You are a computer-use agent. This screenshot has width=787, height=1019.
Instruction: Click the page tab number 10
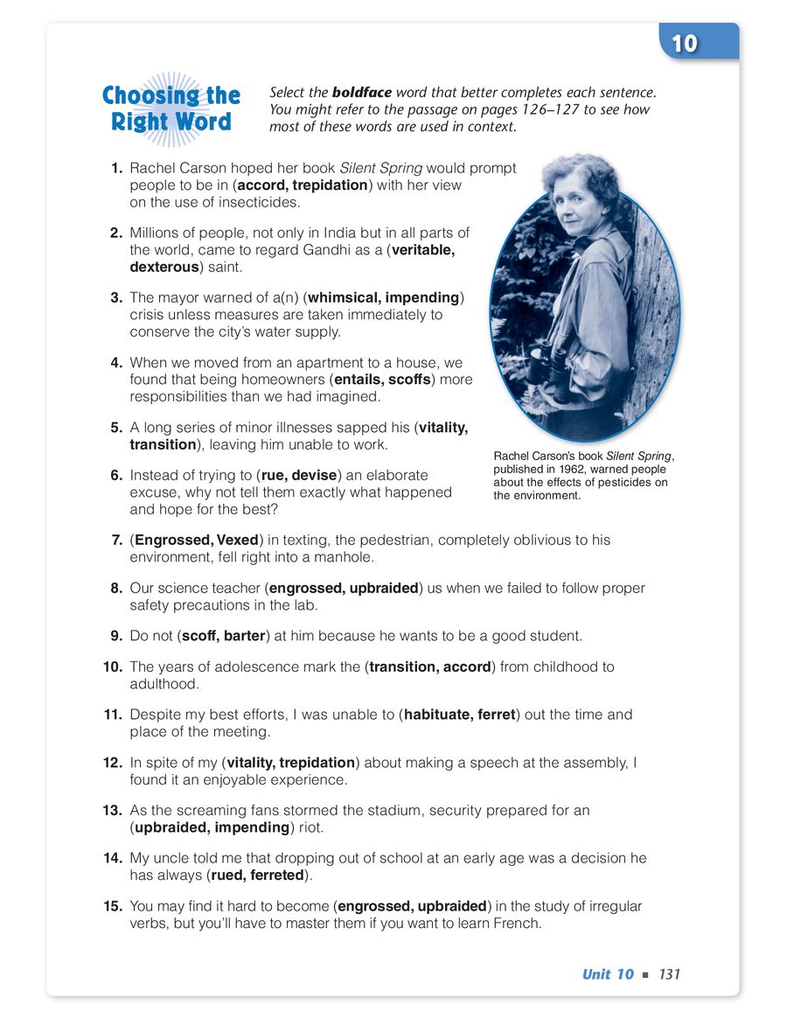[x=684, y=44]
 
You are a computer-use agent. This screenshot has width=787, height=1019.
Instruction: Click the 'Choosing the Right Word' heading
[x=171, y=108]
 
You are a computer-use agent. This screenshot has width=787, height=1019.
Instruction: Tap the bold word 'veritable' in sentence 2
[x=423, y=249]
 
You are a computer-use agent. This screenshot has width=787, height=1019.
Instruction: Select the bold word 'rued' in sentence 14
[x=227, y=875]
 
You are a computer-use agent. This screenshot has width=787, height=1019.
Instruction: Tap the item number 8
[x=115, y=588]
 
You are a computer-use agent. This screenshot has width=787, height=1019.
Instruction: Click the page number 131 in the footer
[x=670, y=974]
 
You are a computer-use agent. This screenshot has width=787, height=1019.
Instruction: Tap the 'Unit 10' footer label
[x=608, y=974]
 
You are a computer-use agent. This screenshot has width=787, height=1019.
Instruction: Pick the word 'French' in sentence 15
[x=516, y=922]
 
